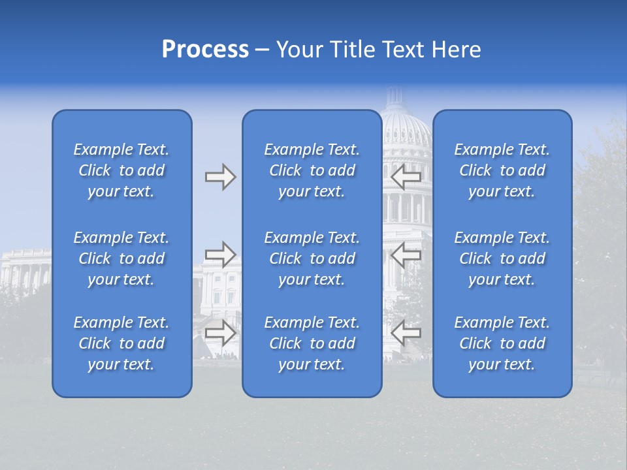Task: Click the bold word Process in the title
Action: tap(205, 50)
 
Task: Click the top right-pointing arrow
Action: tap(220, 177)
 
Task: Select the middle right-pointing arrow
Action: tap(220, 255)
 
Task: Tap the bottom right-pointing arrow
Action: tap(220, 332)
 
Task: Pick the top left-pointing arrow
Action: tap(406, 177)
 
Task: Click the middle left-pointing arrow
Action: tap(406, 255)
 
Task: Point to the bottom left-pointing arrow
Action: tap(406, 332)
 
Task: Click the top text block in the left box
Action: tap(121, 170)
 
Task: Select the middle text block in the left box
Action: tap(121, 258)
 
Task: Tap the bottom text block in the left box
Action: tap(121, 343)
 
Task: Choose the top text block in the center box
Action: tap(312, 170)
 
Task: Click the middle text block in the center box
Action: tap(312, 258)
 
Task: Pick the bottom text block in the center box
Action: tap(312, 343)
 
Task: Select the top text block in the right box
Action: tap(502, 170)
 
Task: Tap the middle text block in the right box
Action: tap(502, 258)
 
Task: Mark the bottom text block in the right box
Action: tap(502, 343)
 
